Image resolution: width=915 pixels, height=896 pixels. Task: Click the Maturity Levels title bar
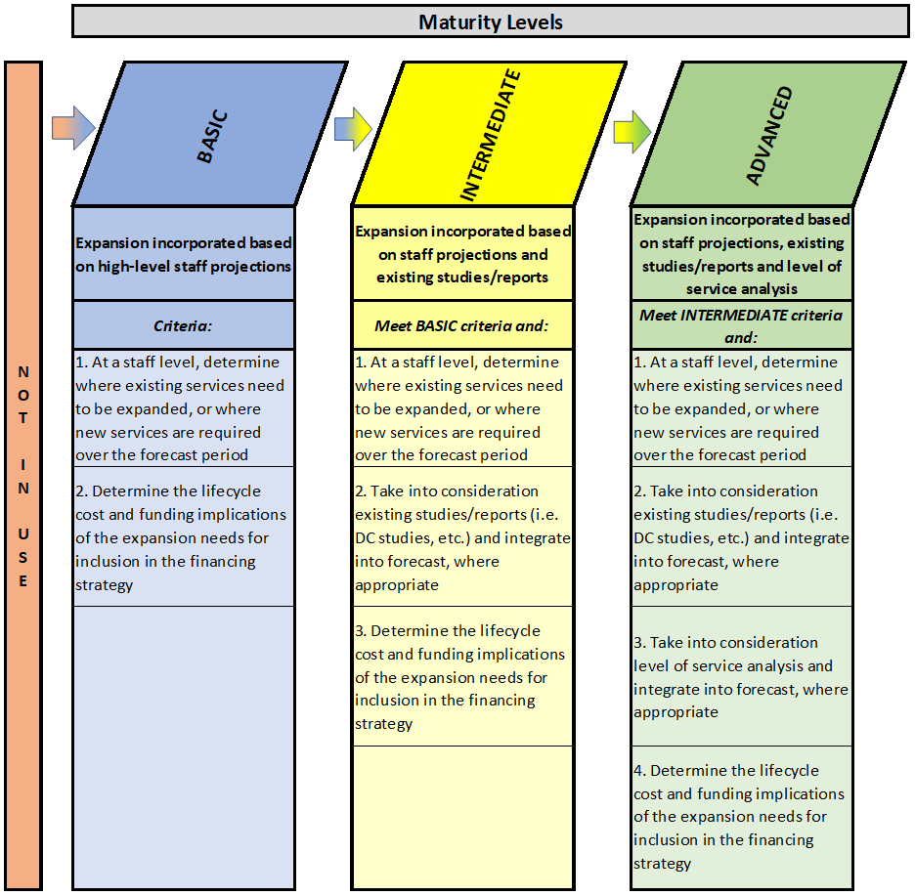click(490, 21)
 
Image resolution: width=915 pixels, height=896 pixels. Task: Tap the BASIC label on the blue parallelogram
click(212, 136)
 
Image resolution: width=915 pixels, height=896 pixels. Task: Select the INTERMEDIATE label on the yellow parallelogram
click(489, 136)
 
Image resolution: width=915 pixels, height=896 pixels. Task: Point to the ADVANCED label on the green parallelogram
click(769, 136)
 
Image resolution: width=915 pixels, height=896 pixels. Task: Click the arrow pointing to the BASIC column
click(73, 128)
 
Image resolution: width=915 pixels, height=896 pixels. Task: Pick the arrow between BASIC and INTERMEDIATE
click(353, 129)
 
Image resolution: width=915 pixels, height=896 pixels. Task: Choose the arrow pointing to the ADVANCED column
click(632, 133)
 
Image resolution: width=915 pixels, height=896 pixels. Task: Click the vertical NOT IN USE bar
click(23, 476)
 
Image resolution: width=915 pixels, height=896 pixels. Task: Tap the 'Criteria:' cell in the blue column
click(183, 325)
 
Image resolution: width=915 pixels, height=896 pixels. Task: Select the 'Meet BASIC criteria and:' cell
click(462, 325)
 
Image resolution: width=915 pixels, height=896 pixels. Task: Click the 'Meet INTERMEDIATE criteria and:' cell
click(741, 325)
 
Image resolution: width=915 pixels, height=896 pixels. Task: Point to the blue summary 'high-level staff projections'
click(183, 254)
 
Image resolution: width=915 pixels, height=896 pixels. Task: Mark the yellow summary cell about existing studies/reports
click(462, 254)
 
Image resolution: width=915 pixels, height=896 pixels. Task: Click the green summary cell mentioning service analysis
click(741, 254)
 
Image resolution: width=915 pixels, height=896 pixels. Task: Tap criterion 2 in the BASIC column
click(183, 536)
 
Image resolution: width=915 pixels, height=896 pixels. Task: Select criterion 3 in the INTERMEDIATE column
click(462, 677)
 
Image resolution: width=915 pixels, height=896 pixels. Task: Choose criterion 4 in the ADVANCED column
click(741, 817)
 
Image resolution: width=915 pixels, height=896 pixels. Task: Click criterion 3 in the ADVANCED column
click(741, 677)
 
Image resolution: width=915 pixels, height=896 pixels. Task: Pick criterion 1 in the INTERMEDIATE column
click(462, 408)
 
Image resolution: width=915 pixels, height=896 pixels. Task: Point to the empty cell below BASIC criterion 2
click(183, 747)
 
